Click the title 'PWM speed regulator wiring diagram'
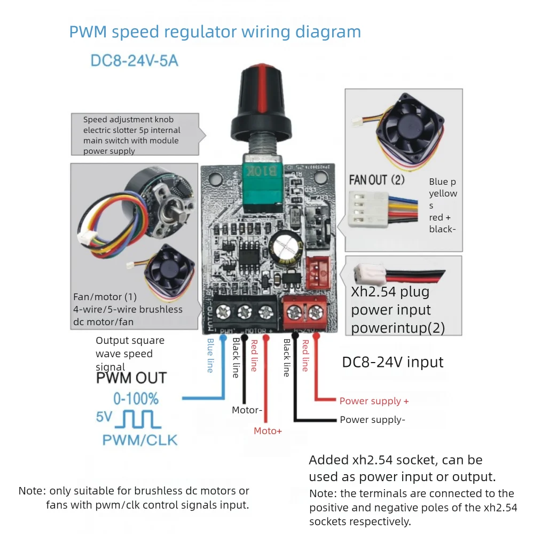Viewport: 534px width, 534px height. (x=215, y=32)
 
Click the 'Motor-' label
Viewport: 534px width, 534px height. (x=247, y=410)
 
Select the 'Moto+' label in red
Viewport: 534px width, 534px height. (x=268, y=430)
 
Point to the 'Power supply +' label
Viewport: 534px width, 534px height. (x=374, y=400)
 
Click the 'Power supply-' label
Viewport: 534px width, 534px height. (x=372, y=420)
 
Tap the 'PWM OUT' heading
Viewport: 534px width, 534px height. (x=131, y=379)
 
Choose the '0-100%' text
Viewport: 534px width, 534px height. (x=136, y=399)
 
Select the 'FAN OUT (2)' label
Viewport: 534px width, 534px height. (x=376, y=180)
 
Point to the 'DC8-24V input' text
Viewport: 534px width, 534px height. (x=392, y=362)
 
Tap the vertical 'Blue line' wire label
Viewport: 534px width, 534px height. (x=210, y=355)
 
